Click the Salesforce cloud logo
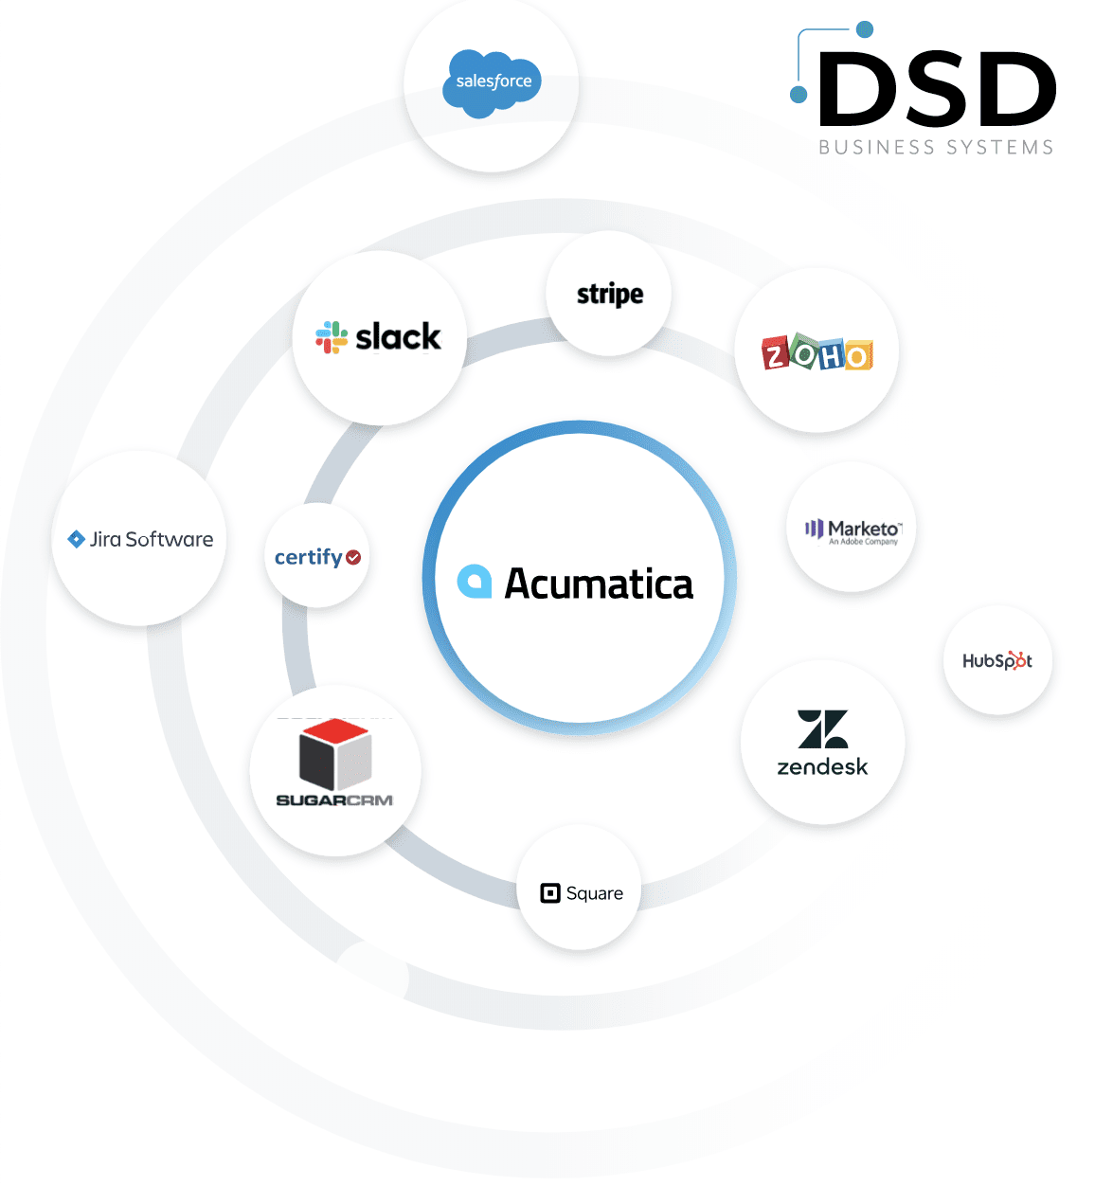click(x=493, y=82)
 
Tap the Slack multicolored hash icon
click(x=332, y=337)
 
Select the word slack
click(x=398, y=336)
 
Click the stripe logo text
click(x=610, y=295)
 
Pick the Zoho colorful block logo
click(x=817, y=352)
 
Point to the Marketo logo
click(x=852, y=530)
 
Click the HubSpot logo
click(x=997, y=660)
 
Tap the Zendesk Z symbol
click(x=822, y=729)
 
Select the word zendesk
click(x=822, y=767)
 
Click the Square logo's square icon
click(x=550, y=893)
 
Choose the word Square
click(x=595, y=893)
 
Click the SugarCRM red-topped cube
click(x=335, y=754)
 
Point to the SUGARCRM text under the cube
click(x=334, y=800)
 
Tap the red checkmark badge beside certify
click(x=353, y=557)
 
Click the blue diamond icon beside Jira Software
click(x=77, y=539)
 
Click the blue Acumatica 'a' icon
click(x=475, y=582)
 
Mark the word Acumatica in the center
click(x=599, y=584)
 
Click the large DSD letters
click(x=937, y=89)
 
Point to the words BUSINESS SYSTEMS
click(x=936, y=148)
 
